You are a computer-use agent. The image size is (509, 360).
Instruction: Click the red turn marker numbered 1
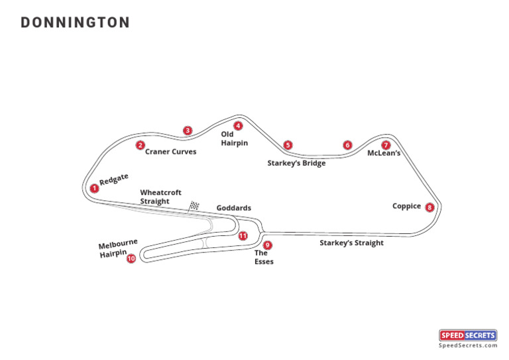pyautogui.click(x=95, y=188)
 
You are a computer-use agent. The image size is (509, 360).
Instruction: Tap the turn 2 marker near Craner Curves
pyautogui.click(x=140, y=145)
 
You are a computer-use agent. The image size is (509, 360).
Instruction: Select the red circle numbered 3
pyautogui.click(x=188, y=131)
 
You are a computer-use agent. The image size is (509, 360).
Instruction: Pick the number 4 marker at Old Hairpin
pyautogui.click(x=238, y=125)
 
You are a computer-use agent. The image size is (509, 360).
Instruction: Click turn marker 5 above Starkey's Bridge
pyautogui.click(x=287, y=145)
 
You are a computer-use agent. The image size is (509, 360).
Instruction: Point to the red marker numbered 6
pyautogui.click(x=347, y=145)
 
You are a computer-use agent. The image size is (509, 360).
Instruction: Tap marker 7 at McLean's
pyautogui.click(x=386, y=145)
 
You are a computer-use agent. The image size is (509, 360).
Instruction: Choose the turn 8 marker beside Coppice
pyautogui.click(x=429, y=208)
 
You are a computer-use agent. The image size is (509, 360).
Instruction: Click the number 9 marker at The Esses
pyautogui.click(x=267, y=245)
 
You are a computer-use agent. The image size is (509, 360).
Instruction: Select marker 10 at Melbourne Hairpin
pyautogui.click(x=131, y=259)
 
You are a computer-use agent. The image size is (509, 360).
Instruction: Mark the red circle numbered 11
pyautogui.click(x=243, y=235)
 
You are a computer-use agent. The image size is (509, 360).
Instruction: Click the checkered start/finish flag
pyautogui.click(x=194, y=206)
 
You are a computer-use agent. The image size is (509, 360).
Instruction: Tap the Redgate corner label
pyautogui.click(x=113, y=180)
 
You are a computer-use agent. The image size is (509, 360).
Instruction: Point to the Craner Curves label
pyautogui.click(x=170, y=152)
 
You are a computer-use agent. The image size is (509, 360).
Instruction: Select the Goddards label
pyautogui.click(x=233, y=208)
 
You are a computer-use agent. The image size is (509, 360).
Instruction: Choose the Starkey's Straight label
pyautogui.click(x=351, y=243)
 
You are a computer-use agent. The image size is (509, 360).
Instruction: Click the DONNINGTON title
pyautogui.click(x=75, y=23)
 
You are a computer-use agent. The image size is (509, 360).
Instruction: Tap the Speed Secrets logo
pyautogui.click(x=468, y=335)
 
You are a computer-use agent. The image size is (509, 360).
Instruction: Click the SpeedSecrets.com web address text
pyautogui.click(x=468, y=345)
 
